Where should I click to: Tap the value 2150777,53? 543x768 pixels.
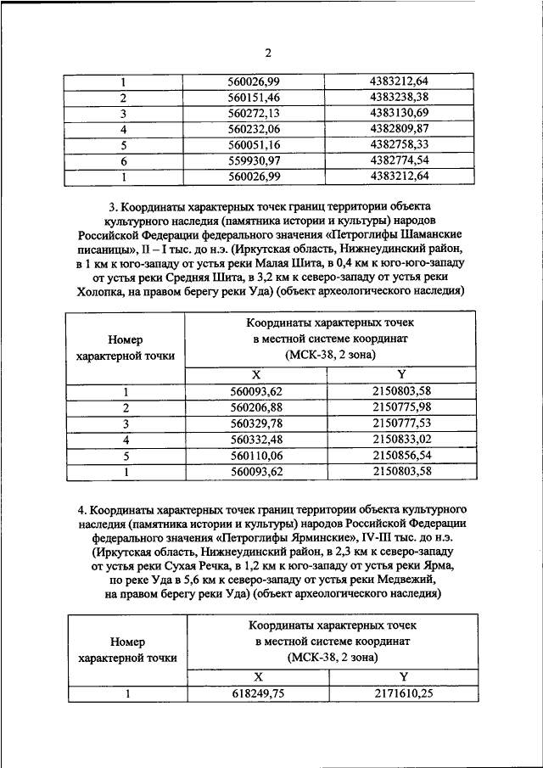tap(401, 423)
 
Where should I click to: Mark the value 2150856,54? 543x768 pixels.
tap(401, 455)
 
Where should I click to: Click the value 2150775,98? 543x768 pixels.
tap(401, 408)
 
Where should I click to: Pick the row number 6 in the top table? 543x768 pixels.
tap(124, 160)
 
